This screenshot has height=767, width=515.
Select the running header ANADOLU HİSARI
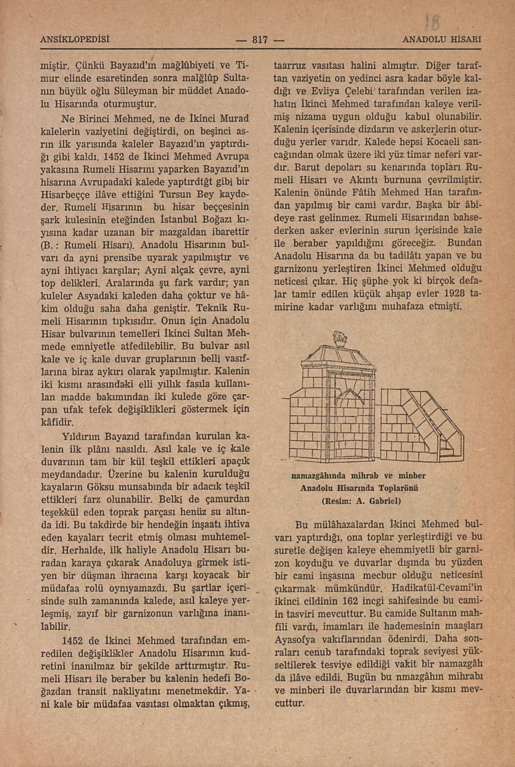point(442,40)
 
